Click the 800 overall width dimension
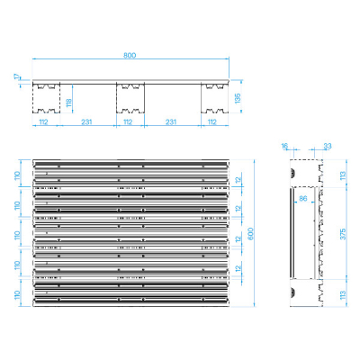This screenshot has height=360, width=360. [130, 56]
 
